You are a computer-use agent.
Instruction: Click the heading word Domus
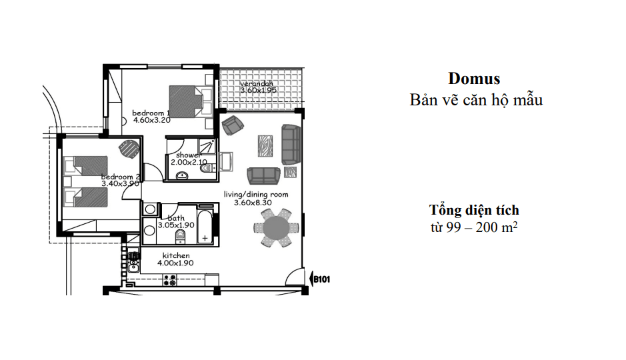[x=474, y=78]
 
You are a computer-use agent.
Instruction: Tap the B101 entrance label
[x=322, y=279]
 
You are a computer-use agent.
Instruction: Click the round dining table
[x=276, y=228]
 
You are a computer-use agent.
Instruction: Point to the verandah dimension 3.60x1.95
[x=258, y=90]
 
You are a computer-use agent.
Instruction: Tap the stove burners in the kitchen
[x=170, y=279]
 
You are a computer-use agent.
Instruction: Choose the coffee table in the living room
[x=265, y=146]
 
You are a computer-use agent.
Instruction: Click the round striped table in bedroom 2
[x=129, y=150]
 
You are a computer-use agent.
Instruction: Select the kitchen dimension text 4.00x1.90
[x=175, y=263]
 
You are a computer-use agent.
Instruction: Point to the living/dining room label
[x=256, y=195]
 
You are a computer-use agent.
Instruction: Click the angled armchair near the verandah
[x=233, y=125]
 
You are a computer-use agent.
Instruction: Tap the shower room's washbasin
[x=183, y=175]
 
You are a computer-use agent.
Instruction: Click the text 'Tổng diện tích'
[x=474, y=210]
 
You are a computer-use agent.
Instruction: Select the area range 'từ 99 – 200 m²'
[x=474, y=227]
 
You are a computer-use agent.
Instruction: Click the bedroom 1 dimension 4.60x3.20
[x=152, y=120]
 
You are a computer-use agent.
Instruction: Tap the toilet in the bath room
[x=181, y=237]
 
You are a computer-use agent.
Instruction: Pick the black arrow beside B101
[x=311, y=278]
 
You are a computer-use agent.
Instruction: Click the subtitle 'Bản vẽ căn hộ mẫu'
[x=476, y=100]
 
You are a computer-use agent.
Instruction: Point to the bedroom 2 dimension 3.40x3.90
[x=120, y=183]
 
